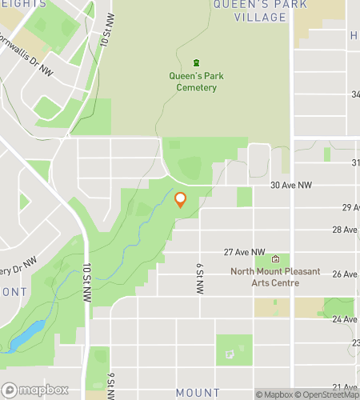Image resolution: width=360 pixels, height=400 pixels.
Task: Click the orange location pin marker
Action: (180, 200)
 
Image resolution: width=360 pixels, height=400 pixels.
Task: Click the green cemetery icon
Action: (197, 63)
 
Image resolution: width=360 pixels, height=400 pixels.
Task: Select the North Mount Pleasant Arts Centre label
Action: (275, 277)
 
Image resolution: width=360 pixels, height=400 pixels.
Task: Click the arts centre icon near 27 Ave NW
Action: (276, 259)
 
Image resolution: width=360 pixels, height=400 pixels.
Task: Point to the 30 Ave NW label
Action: (290, 185)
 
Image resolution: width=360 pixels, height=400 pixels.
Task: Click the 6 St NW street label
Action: (198, 278)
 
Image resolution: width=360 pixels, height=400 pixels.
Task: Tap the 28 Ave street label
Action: (350, 230)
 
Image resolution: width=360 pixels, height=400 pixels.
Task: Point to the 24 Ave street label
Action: (350, 319)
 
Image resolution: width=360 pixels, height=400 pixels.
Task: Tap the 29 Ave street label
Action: (350, 207)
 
